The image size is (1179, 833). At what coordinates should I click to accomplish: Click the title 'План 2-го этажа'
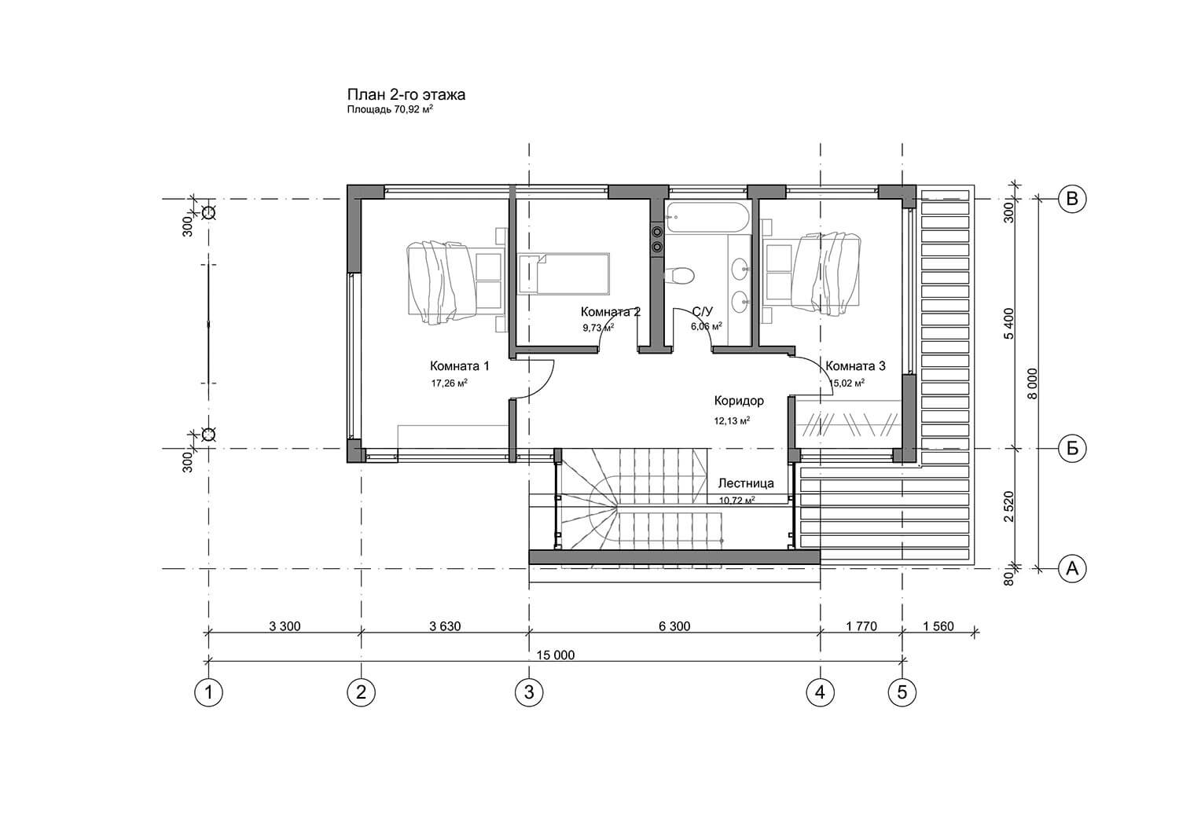point(406,95)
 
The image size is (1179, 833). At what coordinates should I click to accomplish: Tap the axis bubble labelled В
point(1072,199)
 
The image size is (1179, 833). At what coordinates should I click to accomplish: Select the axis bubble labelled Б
point(1072,449)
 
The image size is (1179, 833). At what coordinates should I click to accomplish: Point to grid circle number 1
point(209,692)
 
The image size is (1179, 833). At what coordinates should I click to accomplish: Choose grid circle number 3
point(529,692)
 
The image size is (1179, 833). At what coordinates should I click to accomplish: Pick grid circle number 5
point(902,692)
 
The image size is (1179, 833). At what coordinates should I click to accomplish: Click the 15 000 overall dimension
point(555,655)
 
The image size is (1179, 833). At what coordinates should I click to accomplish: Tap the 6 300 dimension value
point(674,626)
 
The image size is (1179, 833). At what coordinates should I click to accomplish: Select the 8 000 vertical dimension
point(1033,383)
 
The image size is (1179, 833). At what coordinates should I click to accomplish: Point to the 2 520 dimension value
point(1008,506)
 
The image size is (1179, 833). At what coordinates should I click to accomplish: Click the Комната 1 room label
point(460,365)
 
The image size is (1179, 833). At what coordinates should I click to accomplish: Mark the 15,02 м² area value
point(847,383)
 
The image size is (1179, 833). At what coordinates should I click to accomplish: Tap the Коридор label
point(739,401)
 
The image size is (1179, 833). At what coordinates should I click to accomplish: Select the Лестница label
point(746,483)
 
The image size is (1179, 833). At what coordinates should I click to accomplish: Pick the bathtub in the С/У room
point(707,218)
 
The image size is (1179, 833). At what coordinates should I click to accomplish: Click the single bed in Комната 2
point(564,273)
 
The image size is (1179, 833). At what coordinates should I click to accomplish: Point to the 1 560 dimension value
point(938,626)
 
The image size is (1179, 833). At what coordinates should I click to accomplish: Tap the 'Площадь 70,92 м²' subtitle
point(390,109)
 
